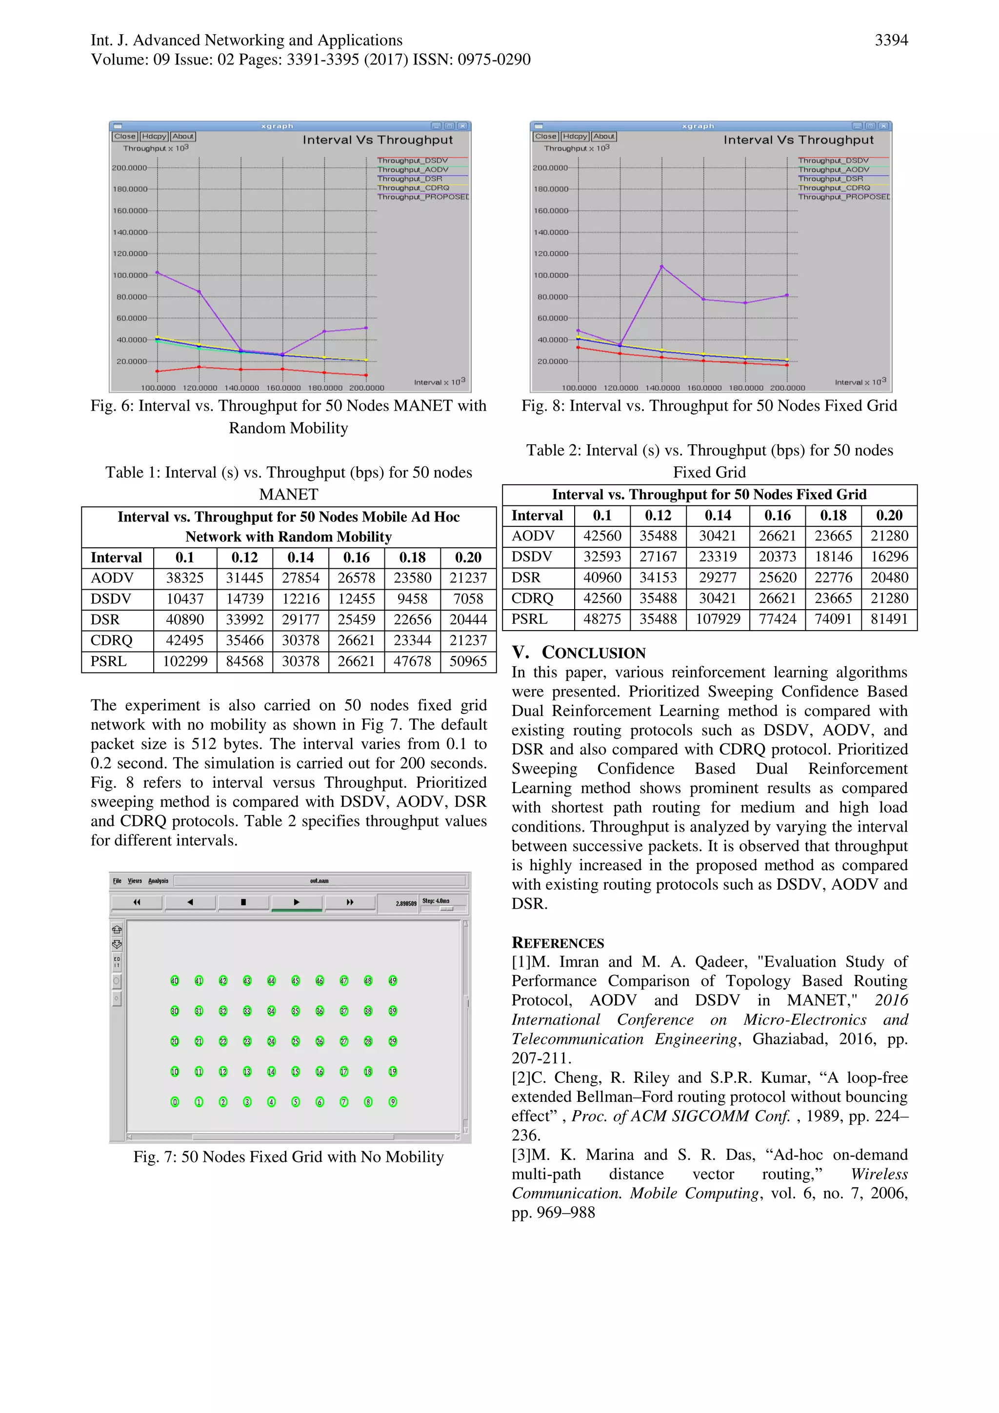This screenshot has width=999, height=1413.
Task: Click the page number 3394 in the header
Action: tap(891, 40)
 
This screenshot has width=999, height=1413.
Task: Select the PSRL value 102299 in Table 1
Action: tap(185, 661)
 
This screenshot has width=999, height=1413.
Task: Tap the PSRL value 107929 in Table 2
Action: tap(718, 619)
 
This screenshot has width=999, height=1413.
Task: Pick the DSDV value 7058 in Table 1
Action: tap(468, 599)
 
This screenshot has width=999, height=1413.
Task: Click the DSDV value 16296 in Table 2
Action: tap(889, 557)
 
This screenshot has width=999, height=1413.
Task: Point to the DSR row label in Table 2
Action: tap(526, 578)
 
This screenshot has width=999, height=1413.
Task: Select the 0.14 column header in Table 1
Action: tap(300, 557)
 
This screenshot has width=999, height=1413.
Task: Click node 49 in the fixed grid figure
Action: tap(393, 980)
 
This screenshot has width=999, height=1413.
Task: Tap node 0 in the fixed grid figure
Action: tap(175, 1102)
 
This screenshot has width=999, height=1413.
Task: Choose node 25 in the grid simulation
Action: tap(296, 1041)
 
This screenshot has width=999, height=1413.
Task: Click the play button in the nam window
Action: tap(296, 902)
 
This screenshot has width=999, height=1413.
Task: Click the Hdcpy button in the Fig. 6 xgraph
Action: tap(154, 137)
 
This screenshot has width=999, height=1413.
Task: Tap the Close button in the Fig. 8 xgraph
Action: tap(545, 137)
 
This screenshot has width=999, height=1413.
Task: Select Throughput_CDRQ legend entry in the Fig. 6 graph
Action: tap(413, 188)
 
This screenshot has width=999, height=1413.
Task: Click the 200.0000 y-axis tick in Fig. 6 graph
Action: tap(129, 167)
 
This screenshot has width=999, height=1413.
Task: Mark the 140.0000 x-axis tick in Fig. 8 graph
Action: tap(662, 388)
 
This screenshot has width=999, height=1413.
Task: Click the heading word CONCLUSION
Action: tap(593, 653)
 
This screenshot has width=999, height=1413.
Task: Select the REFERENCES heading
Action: tap(558, 943)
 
